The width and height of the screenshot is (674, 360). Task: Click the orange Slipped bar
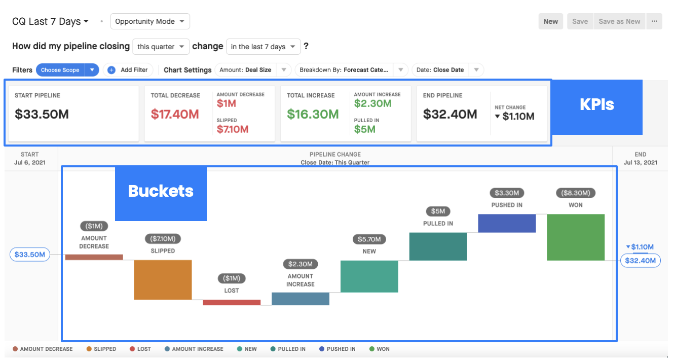(163, 279)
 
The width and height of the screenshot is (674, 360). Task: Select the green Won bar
(576, 237)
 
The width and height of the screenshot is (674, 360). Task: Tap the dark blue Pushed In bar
(507, 223)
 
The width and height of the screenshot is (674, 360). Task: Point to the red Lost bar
(232, 302)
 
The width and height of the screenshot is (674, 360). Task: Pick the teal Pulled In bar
(438, 246)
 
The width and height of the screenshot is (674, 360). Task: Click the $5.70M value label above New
(369, 239)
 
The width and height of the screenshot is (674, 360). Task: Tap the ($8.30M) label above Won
(576, 193)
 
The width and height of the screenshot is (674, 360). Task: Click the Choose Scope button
(60, 70)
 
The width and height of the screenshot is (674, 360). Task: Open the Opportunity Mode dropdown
(150, 21)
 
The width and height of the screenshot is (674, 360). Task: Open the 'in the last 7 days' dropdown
(264, 47)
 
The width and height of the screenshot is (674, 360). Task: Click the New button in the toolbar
(551, 21)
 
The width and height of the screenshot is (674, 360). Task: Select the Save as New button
(619, 21)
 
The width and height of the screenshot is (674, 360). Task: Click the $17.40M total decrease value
(175, 114)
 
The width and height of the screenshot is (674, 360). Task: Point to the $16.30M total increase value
(313, 114)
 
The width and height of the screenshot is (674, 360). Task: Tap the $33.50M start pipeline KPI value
(42, 114)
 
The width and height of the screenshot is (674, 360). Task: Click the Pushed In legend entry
(338, 349)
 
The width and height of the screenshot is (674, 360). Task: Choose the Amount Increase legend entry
(194, 349)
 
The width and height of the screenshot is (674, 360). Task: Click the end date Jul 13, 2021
(641, 163)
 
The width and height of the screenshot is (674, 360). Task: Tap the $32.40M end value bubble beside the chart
(641, 261)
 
